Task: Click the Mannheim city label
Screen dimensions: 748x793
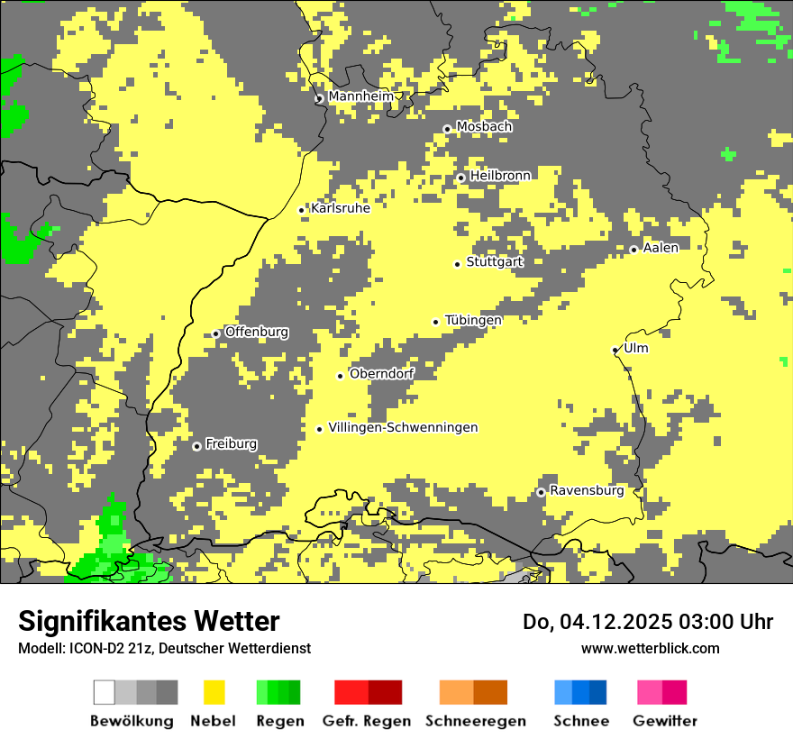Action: (360, 96)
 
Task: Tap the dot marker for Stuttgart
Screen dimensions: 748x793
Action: (457, 264)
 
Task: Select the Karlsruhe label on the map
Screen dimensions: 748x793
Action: (341, 208)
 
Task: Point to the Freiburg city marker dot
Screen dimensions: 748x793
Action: (196, 446)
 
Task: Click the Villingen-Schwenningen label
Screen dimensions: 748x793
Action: (403, 427)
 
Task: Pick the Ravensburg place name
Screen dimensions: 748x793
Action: (587, 490)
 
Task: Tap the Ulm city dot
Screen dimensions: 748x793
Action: (615, 350)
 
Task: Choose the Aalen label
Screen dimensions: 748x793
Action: (661, 248)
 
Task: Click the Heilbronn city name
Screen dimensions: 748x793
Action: (500, 176)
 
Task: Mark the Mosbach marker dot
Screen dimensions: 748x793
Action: (447, 129)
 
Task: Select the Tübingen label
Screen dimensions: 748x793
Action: (473, 320)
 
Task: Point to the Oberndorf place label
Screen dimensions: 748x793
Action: (381, 373)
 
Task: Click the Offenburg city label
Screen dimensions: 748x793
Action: (257, 332)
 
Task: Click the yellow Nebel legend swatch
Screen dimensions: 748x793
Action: (214, 692)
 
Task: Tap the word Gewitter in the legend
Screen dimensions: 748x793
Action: (665, 721)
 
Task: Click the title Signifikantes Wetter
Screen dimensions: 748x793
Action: (149, 621)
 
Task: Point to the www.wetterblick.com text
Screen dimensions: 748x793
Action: (650, 648)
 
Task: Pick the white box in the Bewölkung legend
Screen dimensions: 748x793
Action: (105, 692)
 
